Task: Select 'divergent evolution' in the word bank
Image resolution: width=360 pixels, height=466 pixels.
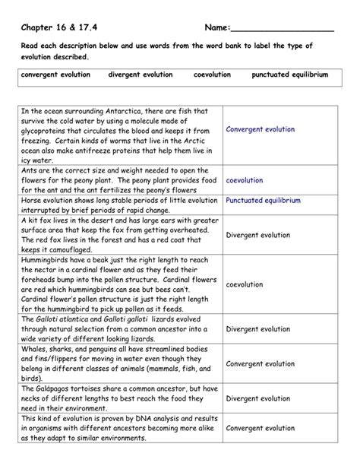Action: [141, 75]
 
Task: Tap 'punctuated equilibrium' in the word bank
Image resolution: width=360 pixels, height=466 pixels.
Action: [290, 75]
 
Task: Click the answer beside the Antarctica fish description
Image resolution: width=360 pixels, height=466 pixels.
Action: [260, 129]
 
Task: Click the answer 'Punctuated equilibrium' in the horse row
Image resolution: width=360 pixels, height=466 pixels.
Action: [263, 201]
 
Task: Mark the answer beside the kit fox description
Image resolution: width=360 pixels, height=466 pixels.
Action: [258, 235]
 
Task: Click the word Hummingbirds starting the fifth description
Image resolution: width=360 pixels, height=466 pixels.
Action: [51, 260]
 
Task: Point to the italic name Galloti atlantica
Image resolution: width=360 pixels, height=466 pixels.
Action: [68, 319]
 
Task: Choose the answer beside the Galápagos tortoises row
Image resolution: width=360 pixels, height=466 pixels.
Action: [258, 398]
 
